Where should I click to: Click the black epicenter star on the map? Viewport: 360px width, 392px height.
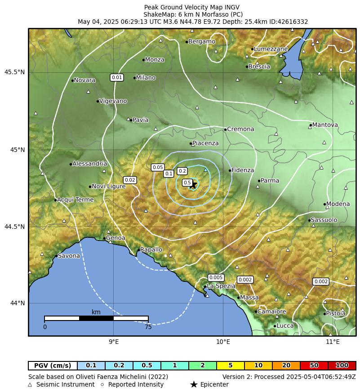pyautogui.click(x=193, y=184)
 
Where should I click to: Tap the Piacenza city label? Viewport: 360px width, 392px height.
pyautogui.click(x=205, y=143)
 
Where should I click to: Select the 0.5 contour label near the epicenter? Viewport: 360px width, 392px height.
pyautogui.click(x=187, y=183)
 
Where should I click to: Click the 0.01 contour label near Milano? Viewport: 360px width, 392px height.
pyautogui.click(x=117, y=77)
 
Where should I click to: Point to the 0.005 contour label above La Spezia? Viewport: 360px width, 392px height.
pyautogui.click(x=216, y=277)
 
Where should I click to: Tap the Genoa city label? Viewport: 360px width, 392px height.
pyautogui.click(x=116, y=238)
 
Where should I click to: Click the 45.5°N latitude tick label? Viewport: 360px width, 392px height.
pyautogui.click(x=15, y=72)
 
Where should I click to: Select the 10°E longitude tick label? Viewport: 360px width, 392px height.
pyautogui.click(x=223, y=342)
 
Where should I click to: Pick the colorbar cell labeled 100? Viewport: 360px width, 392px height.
pyautogui.click(x=342, y=365)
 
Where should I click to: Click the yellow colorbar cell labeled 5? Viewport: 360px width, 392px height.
pyautogui.click(x=230, y=365)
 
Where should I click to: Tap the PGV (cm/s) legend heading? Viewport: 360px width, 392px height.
pyautogui.click(x=53, y=365)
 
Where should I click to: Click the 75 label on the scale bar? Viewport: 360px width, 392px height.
pyautogui.click(x=148, y=327)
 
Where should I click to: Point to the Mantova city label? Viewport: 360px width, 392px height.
pyautogui.click(x=325, y=125)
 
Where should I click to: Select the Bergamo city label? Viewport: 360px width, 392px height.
pyautogui.click(x=201, y=41)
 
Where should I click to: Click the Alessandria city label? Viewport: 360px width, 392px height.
pyautogui.click(x=89, y=164)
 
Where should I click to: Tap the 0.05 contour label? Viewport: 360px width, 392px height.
pyautogui.click(x=158, y=167)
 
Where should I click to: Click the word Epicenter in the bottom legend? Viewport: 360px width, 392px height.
pyautogui.click(x=214, y=384)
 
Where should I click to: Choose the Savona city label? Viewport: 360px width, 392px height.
pyautogui.click(x=69, y=256)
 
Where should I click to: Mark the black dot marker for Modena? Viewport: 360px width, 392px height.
pyautogui.click(x=324, y=204)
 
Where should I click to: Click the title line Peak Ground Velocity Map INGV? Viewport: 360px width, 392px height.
pyautogui.click(x=192, y=7)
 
